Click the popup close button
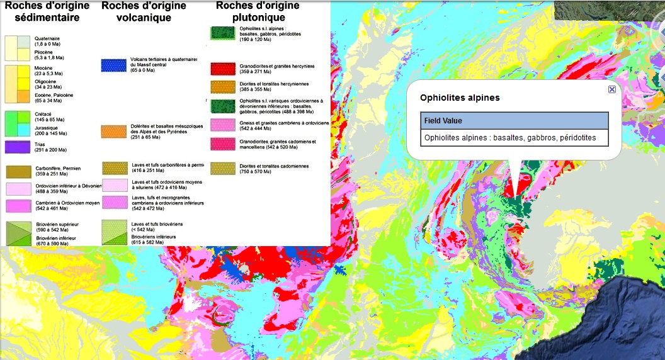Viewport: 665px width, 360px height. [611, 90]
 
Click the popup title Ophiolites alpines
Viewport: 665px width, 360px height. [460, 98]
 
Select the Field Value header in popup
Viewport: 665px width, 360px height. [443, 121]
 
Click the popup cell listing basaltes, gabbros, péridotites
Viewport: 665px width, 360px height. [514, 138]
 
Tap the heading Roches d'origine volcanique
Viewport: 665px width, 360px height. [144, 11]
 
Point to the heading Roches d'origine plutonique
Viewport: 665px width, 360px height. [258, 11]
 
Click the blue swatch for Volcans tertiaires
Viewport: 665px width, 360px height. [118, 65]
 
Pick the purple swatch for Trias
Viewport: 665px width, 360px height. [18, 147]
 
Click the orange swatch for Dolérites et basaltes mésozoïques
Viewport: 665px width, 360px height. [118, 131]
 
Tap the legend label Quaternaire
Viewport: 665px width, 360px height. [47, 38]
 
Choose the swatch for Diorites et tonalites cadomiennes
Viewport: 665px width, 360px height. [222, 168]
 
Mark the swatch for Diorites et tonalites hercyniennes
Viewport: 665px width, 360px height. [222, 86]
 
